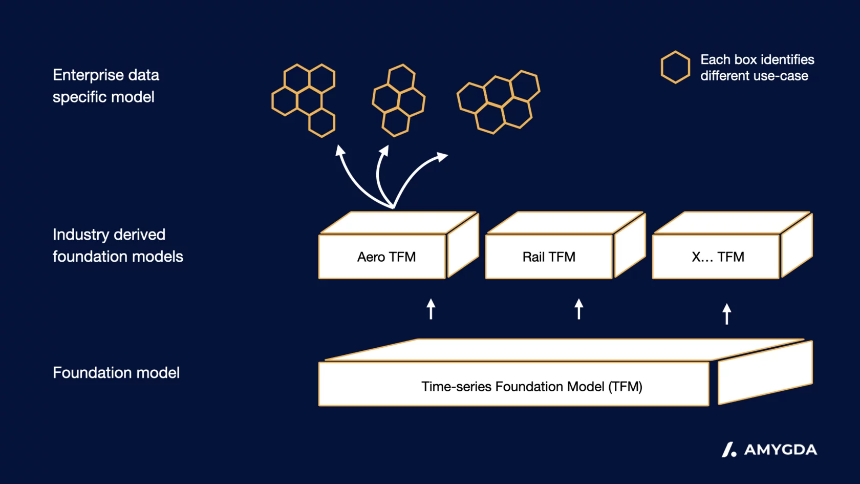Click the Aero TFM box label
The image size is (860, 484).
pos(386,257)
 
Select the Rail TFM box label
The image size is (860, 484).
pos(549,257)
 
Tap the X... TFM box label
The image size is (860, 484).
pos(718,257)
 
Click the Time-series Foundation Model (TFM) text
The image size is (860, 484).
pos(531,386)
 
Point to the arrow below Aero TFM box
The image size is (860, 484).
pos(431,309)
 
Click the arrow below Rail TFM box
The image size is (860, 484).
pos(579,309)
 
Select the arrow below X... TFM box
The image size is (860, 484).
pos(727,313)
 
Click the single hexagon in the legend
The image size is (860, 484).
pos(675,67)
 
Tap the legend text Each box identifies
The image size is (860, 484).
pos(757,59)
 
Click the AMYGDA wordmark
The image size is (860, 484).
pos(780,450)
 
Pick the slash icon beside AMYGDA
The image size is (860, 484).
pos(729,450)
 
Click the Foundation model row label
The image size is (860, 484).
pos(116,372)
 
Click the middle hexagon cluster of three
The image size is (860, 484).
pos(398,100)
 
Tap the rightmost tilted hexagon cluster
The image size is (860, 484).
pos(499,101)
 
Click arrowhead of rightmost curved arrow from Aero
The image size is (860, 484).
pos(442,156)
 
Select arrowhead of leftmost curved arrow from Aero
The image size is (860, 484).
pos(339,150)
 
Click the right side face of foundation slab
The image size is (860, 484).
pos(765,373)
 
